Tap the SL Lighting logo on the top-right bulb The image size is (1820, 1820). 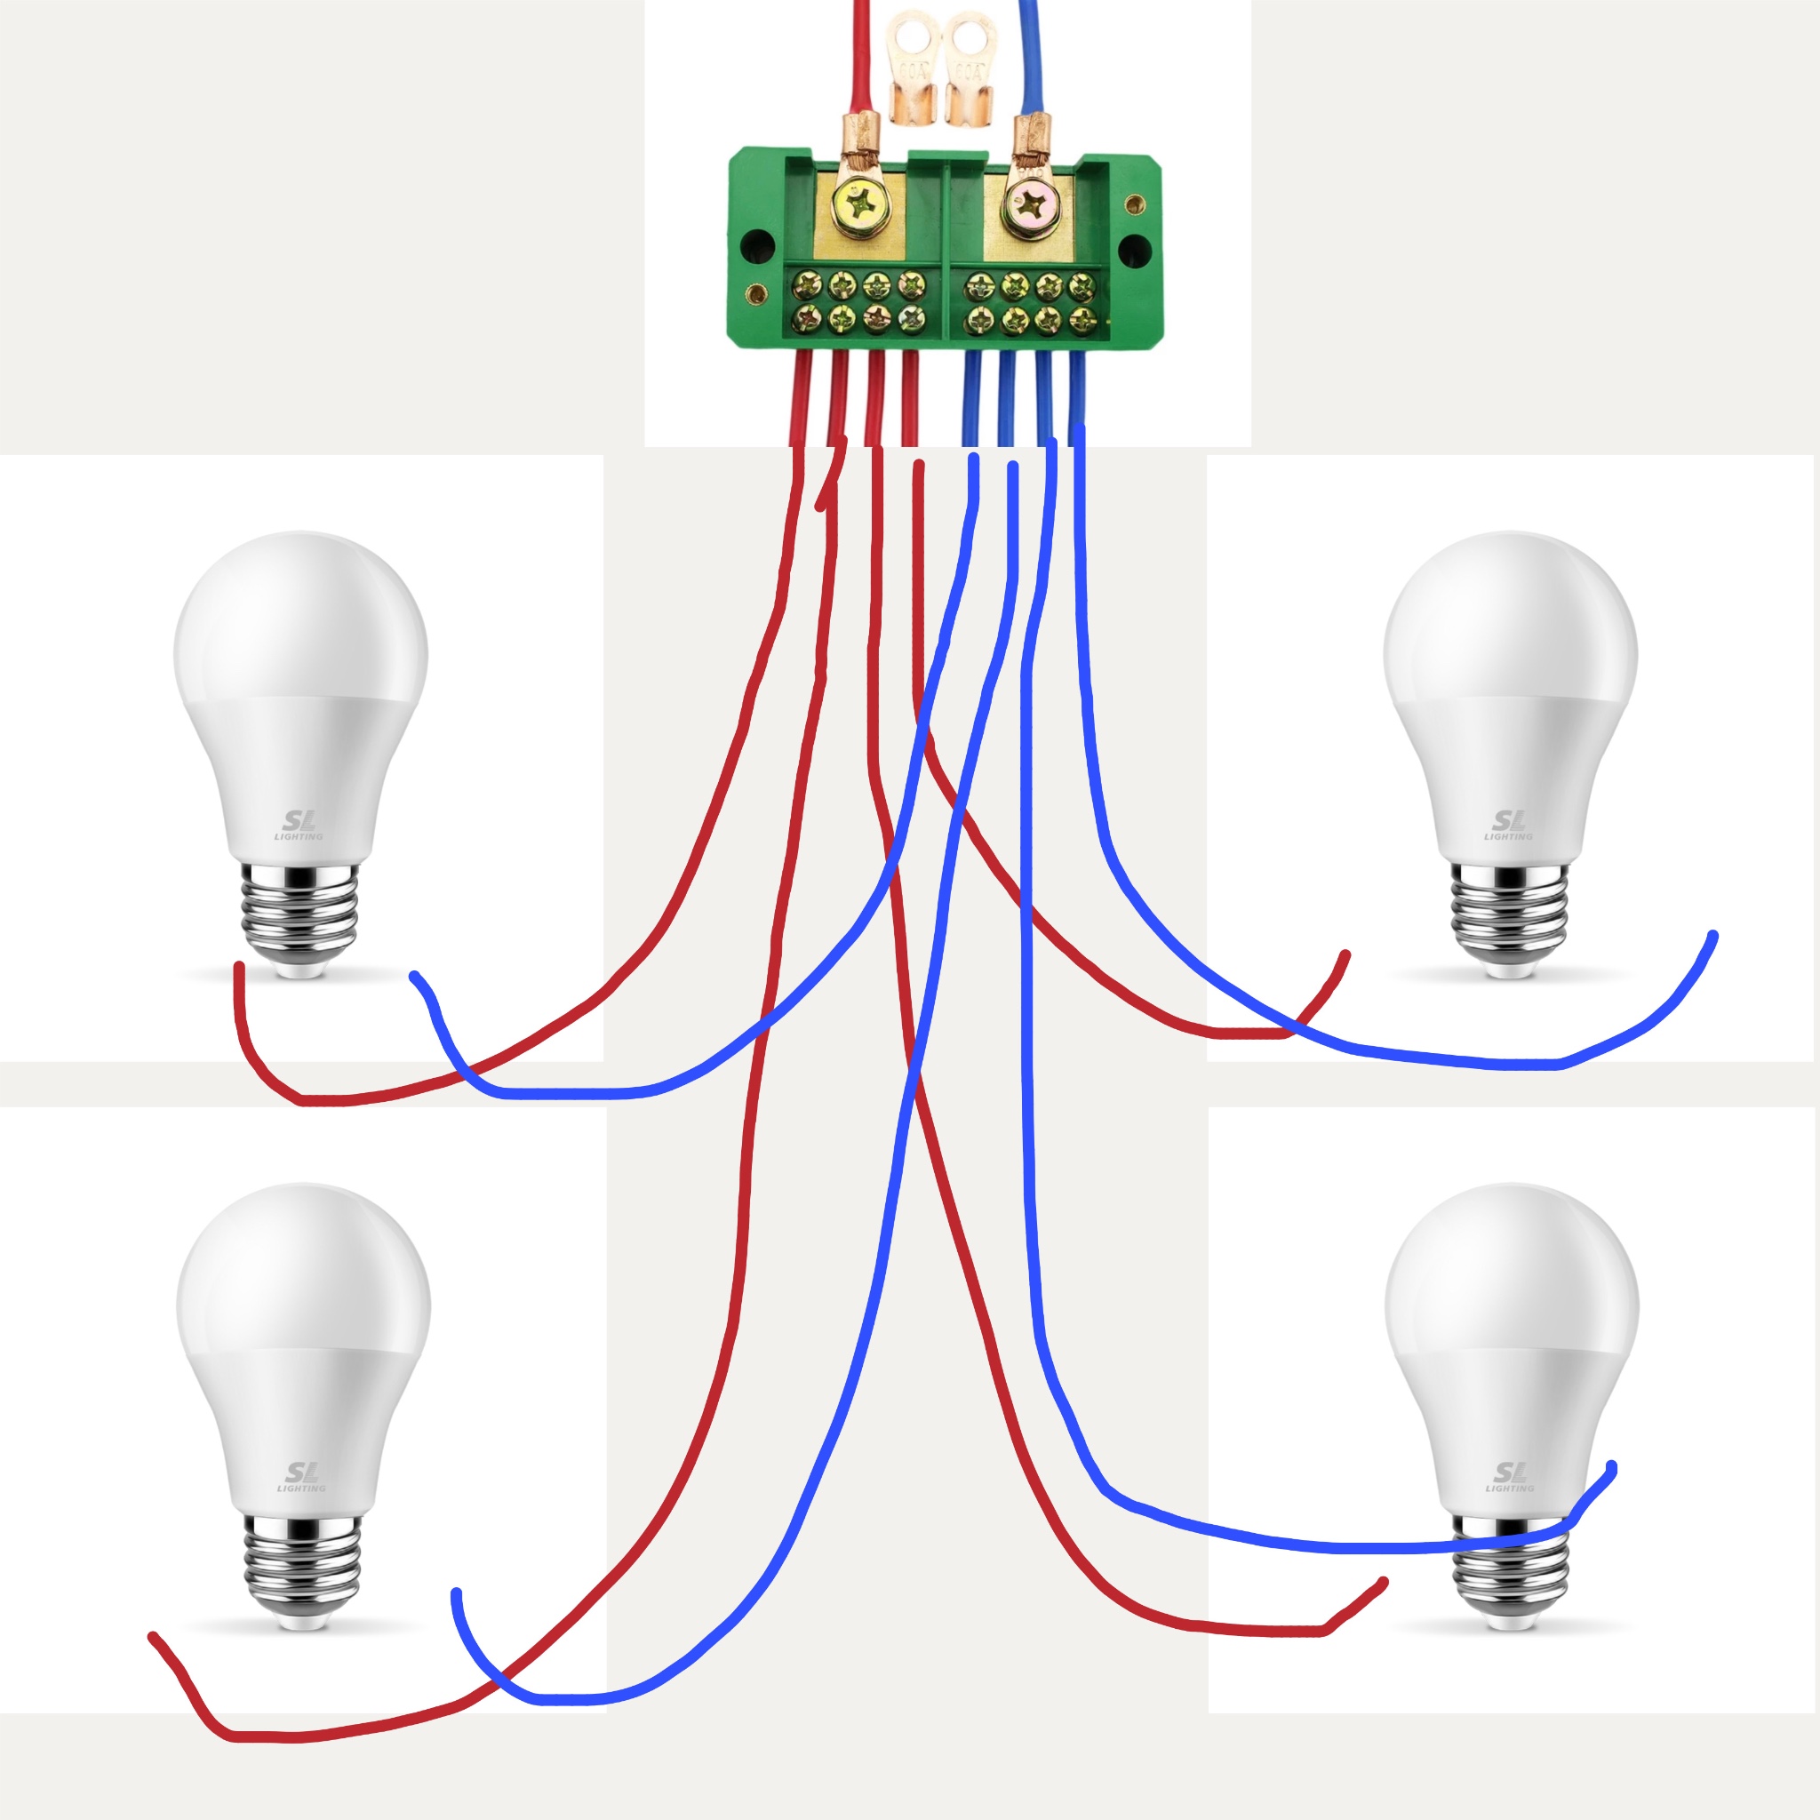click(x=1509, y=825)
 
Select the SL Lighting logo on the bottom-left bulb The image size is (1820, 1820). click(x=300, y=1476)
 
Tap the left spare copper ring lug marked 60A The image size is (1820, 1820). click(x=910, y=66)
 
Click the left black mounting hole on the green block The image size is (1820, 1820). click(x=757, y=247)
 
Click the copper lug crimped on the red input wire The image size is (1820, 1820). click(x=859, y=137)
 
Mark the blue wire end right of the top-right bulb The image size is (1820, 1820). click(x=1712, y=937)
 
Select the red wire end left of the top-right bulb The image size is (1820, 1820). click(x=1345, y=955)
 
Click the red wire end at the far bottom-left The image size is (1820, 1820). click(x=153, y=1637)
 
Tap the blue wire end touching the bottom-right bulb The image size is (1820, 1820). click(x=1612, y=1466)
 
